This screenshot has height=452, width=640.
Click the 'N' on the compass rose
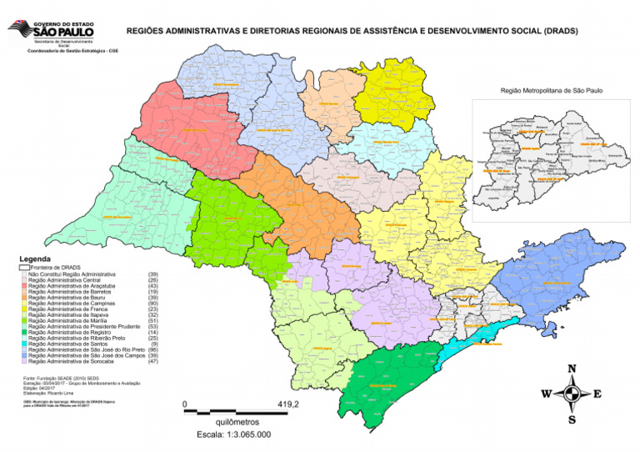tap(571, 369)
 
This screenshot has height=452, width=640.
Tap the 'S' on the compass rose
tap(572, 419)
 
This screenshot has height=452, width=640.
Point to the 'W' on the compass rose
tap(546, 394)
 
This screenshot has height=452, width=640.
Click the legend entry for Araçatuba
tap(67, 285)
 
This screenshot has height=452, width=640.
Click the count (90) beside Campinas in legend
tap(152, 304)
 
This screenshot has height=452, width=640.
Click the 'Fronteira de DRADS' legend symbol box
tap(23, 268)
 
